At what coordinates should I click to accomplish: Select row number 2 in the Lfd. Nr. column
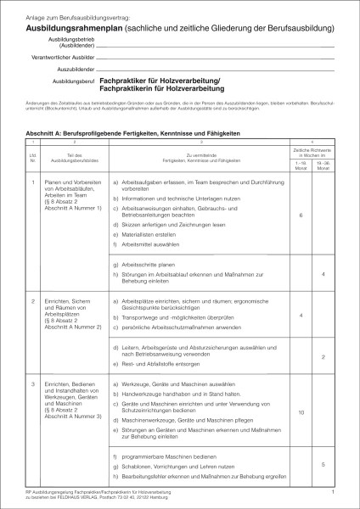32,301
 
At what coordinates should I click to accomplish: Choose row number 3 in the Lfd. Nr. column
32,384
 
